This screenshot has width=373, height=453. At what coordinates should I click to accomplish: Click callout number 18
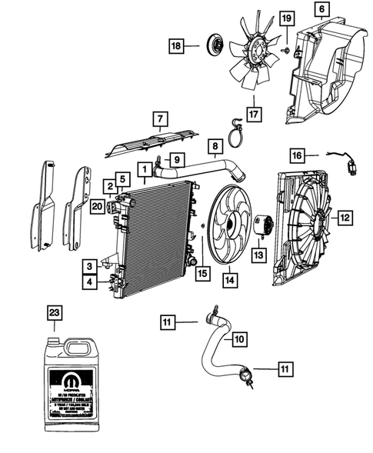point(177,46)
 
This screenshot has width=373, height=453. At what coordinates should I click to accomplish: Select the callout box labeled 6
point(321,9)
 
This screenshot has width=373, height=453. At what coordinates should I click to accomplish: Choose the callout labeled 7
point(159,119)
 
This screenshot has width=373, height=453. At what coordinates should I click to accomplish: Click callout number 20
point(96,205)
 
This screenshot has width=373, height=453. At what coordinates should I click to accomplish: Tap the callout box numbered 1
point(144,168)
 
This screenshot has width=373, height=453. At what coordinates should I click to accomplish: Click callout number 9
point(177,160)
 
